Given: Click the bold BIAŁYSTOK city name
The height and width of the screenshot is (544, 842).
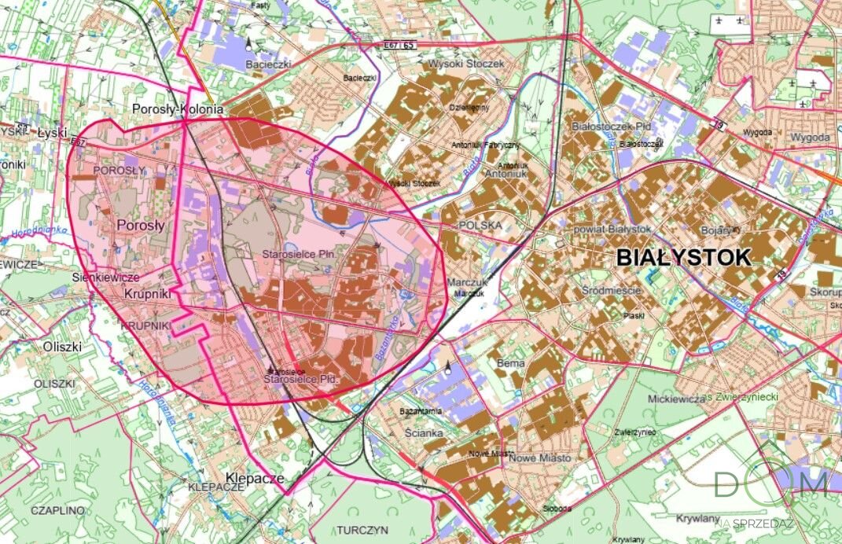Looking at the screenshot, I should tap(684, 257).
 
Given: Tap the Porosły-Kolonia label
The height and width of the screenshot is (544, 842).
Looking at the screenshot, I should tap(178, 109).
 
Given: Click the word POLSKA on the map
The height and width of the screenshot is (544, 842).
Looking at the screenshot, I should tap(480, 225).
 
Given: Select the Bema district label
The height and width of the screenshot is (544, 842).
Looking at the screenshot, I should tap(511, 364).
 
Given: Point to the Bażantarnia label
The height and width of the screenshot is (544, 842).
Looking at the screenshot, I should tap(421, 411).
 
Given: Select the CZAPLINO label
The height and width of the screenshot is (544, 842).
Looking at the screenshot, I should tap(57, 510).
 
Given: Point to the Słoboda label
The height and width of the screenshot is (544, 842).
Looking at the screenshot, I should tap(557, 508).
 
